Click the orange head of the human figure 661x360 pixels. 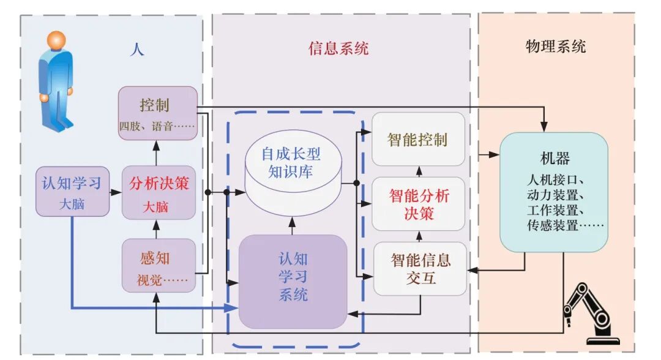tap(56, 40)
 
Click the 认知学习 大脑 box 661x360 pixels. tap(72, 191)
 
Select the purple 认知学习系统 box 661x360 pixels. tap(293, 281)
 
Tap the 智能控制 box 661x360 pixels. tap(419, 139)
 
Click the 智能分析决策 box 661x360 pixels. tap(419, 204)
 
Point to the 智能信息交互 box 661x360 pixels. tap(420, 269)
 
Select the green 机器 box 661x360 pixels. tap(555, 192)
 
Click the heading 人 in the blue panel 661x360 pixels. tap(137, 49)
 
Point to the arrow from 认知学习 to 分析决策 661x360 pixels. tap(116, 192)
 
